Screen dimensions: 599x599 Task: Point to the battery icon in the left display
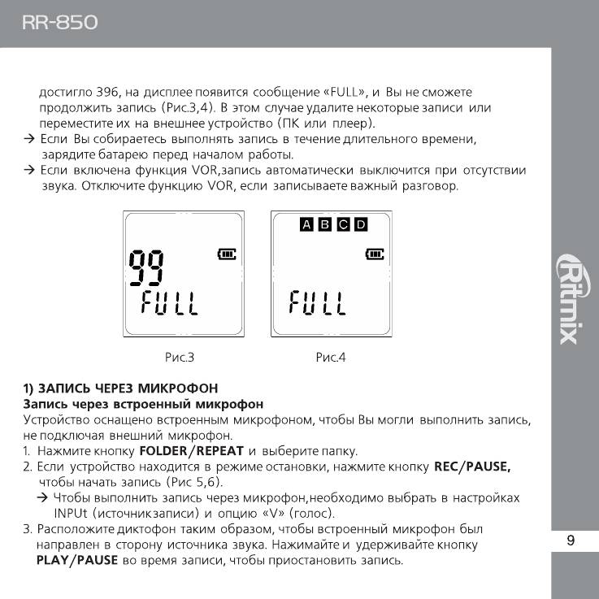coord(226,254)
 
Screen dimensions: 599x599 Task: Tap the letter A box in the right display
coord(306,224)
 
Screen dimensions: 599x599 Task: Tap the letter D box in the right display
coord(361,224)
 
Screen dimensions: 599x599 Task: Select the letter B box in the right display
coord(324,224)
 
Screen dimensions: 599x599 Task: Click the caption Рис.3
coord(179,357)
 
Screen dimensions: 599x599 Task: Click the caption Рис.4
coord(330,357)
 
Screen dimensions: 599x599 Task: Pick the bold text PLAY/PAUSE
coord(77,561)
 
